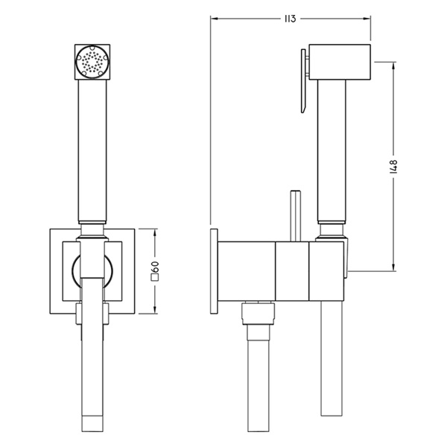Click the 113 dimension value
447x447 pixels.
pos(290,19)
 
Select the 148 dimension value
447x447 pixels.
pos(393,166)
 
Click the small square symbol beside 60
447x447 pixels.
pos(156,278)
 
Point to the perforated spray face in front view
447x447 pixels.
pos(92,62)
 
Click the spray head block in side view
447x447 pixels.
pos(340,62)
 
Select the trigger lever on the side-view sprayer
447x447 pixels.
pos(304,81)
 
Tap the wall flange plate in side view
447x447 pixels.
pos(214,271)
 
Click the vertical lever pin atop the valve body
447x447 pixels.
pos(295,216)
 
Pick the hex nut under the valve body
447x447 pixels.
pos(259,314)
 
